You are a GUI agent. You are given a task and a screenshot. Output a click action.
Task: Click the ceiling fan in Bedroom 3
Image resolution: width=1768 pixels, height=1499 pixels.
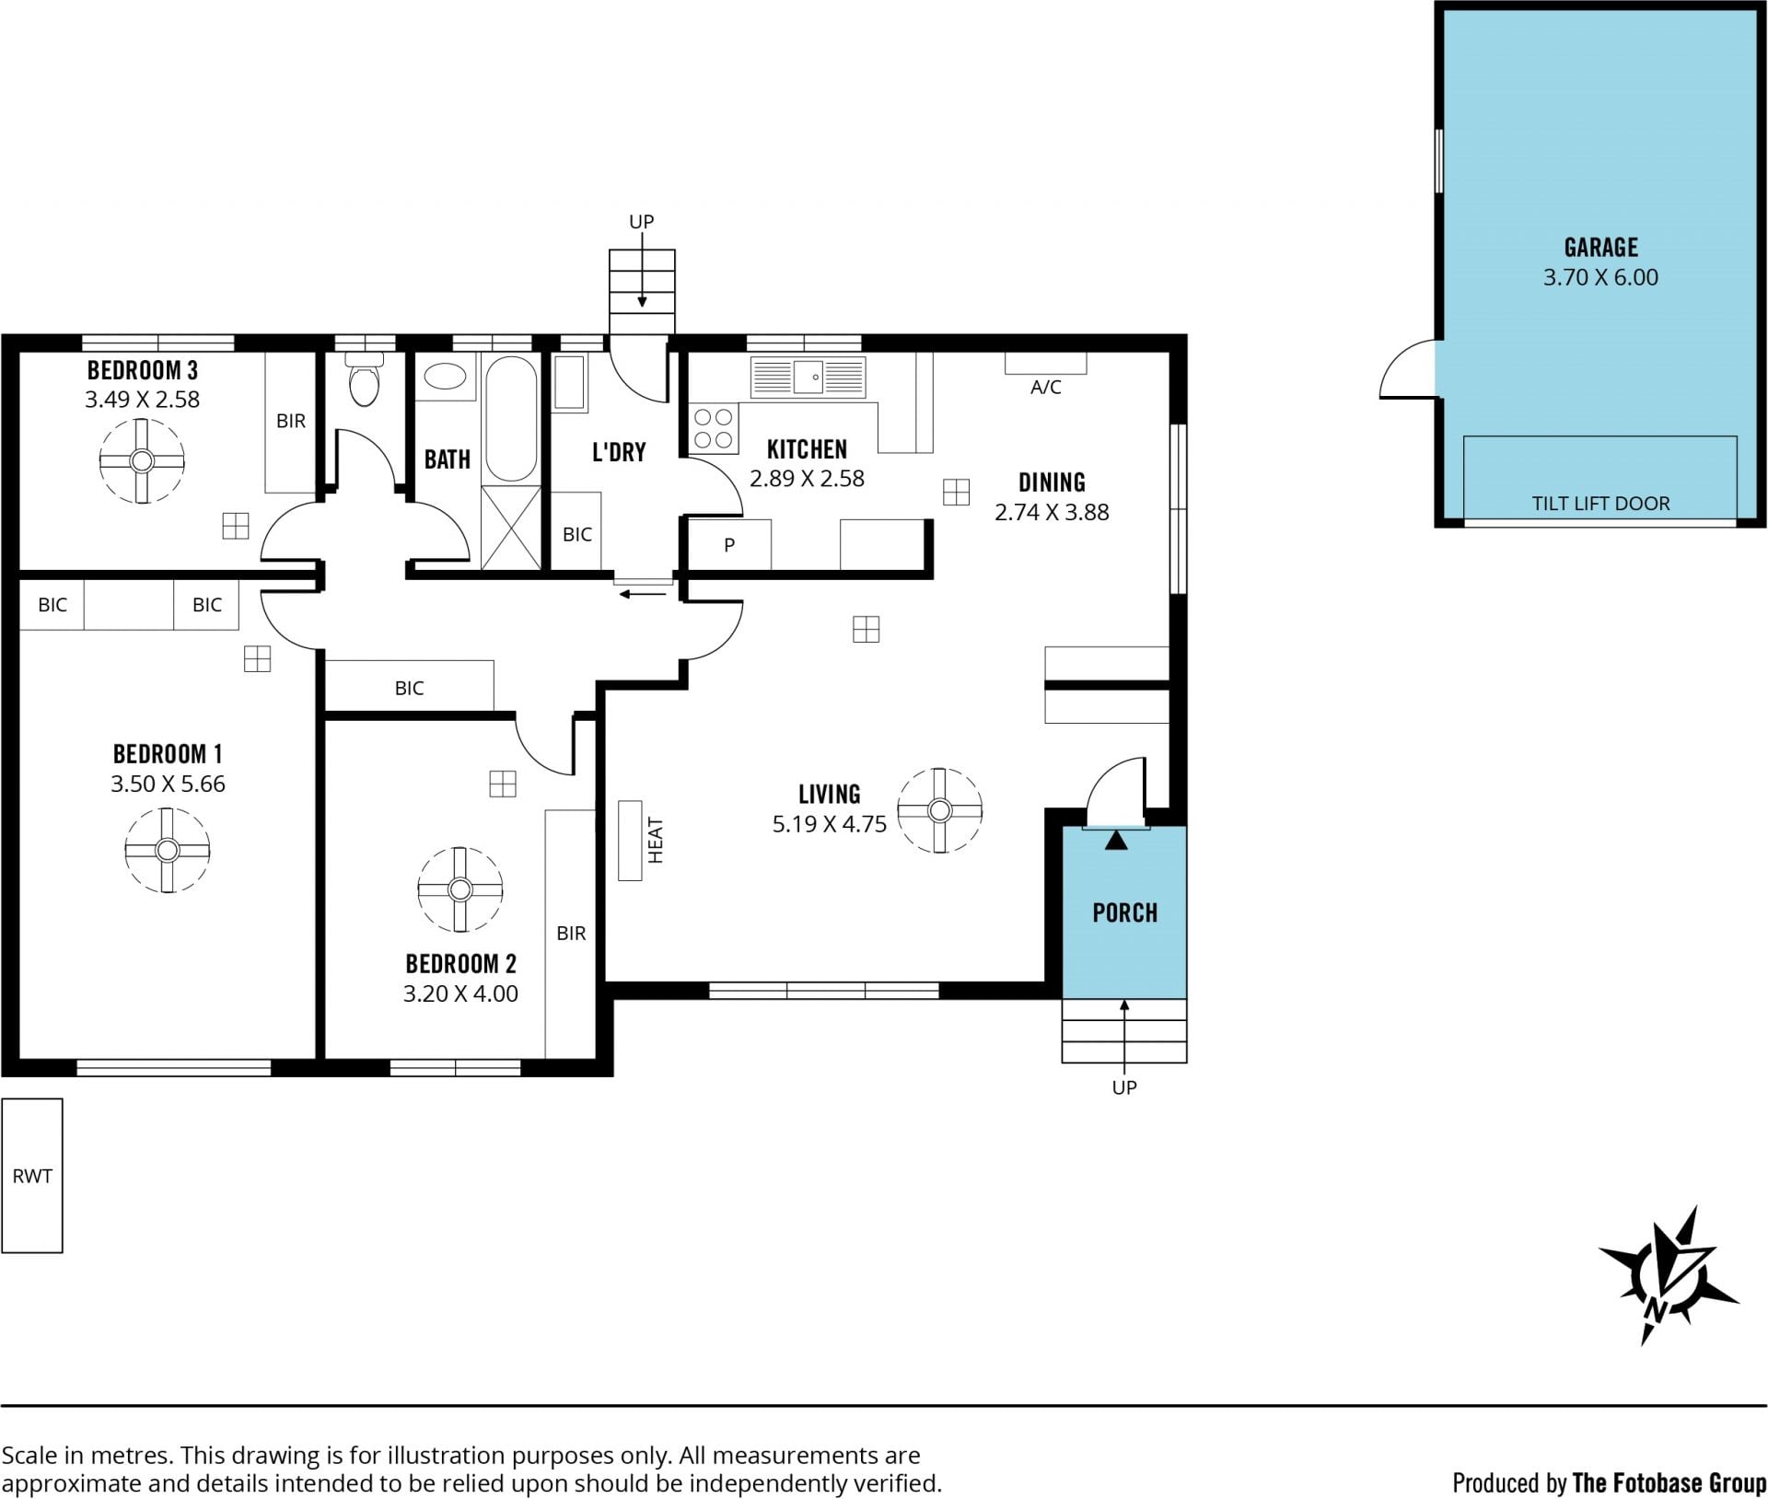click(x=142, y=460)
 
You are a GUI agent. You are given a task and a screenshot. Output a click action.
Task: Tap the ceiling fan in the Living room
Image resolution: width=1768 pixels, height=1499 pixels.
click(x=939, y=810)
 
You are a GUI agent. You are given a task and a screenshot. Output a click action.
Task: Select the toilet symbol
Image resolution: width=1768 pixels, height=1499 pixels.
click(x=365, y=380)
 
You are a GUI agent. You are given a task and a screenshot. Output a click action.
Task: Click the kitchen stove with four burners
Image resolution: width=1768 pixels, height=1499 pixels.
click(x=714, y=428)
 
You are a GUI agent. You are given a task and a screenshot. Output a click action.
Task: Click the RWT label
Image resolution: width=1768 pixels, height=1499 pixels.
click(x=32, y=1176)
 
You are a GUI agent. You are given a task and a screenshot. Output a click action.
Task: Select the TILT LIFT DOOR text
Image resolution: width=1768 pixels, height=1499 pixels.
click(x=1600, y=504)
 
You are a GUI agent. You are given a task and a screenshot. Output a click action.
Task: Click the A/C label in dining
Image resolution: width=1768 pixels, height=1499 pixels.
click(x=1045, y=388)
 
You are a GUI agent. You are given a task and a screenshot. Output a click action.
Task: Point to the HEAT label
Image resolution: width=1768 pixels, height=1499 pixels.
click(x=656, y=841)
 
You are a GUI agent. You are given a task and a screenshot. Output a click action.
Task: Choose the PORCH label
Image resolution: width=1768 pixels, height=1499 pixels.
click(x=1124, y=912)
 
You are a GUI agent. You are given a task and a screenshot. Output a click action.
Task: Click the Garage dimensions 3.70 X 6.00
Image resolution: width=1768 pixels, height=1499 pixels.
click(x=1600, y=277)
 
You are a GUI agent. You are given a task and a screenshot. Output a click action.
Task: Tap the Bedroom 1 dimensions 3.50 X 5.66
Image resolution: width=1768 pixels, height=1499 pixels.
click(x=168, y=784)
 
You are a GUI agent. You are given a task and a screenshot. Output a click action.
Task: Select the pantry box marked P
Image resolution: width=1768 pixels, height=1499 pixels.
click(x=729, y=544)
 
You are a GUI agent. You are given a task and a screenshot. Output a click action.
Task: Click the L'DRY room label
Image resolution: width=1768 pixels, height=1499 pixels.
click(x=619, y=452)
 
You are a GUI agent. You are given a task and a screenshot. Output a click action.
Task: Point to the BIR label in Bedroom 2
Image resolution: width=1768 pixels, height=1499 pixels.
click(x=571, y=934)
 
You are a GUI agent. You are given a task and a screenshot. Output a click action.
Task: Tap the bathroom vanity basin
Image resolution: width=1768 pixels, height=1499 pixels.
click(x=447, y=378)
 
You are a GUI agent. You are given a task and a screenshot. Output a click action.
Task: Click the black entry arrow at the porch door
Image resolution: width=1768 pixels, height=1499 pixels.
click(x=1116, y=840)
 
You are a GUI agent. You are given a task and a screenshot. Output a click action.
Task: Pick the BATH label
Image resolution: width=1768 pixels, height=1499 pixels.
click(x=447, y=459)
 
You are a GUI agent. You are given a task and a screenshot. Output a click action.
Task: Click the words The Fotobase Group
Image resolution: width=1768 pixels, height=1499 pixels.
click(x=1669, y=1482)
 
